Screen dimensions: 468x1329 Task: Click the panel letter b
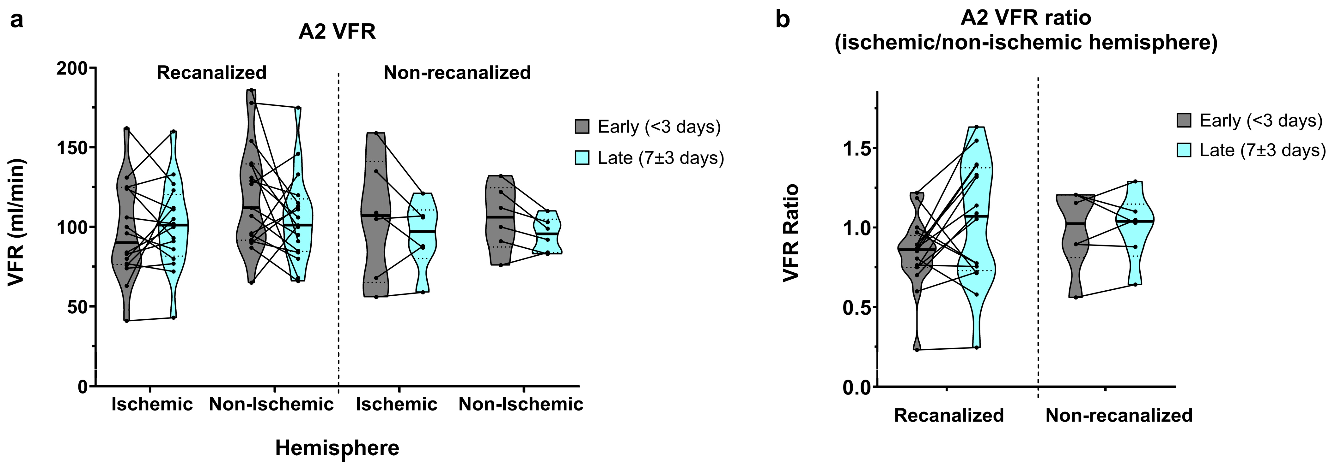[x=783, y=21]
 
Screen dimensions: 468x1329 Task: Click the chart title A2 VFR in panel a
[x=337, y=32]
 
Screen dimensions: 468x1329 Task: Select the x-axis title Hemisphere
[x=337, y=448]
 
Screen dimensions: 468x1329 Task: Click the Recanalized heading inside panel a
[x=211, y=73]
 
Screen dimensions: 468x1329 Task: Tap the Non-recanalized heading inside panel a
[x=457, y=73]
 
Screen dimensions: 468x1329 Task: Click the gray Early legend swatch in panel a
[x=582, y=126]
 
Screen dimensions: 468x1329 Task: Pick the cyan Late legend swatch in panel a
[x=582, y=157]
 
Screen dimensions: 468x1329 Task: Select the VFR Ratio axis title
[x=790, y=233]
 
